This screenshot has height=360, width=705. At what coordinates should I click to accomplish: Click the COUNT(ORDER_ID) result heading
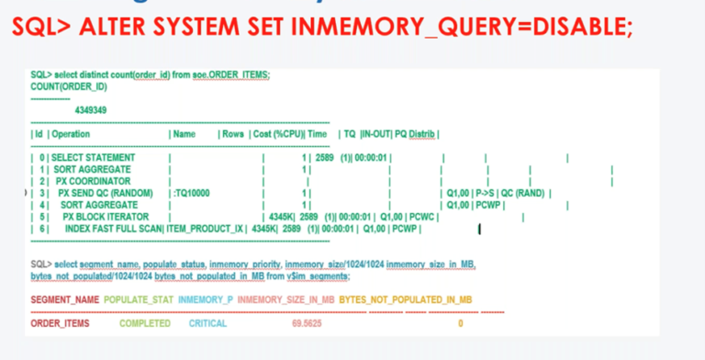pyautogui.click(x=68, y=86)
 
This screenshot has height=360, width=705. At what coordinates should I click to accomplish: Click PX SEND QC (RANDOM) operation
pyautogui.click(x=105, y=193)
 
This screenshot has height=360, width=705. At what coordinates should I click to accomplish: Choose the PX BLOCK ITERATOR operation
pyautogui.click(x=111, y=216)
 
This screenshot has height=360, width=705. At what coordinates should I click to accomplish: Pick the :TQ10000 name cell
pyautogui.click(x=191, y=193)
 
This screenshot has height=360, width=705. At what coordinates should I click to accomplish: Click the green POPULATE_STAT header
pyautogui.click(x=138, y=300)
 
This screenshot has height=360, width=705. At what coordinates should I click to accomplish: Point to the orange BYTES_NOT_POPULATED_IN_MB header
pyautogui.click(x=405, y=300)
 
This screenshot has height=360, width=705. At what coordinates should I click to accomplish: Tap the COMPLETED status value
pyautogui.click(x=145, y=324)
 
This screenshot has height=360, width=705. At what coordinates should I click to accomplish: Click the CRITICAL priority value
pyautogui.click(x=208, y=324)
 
